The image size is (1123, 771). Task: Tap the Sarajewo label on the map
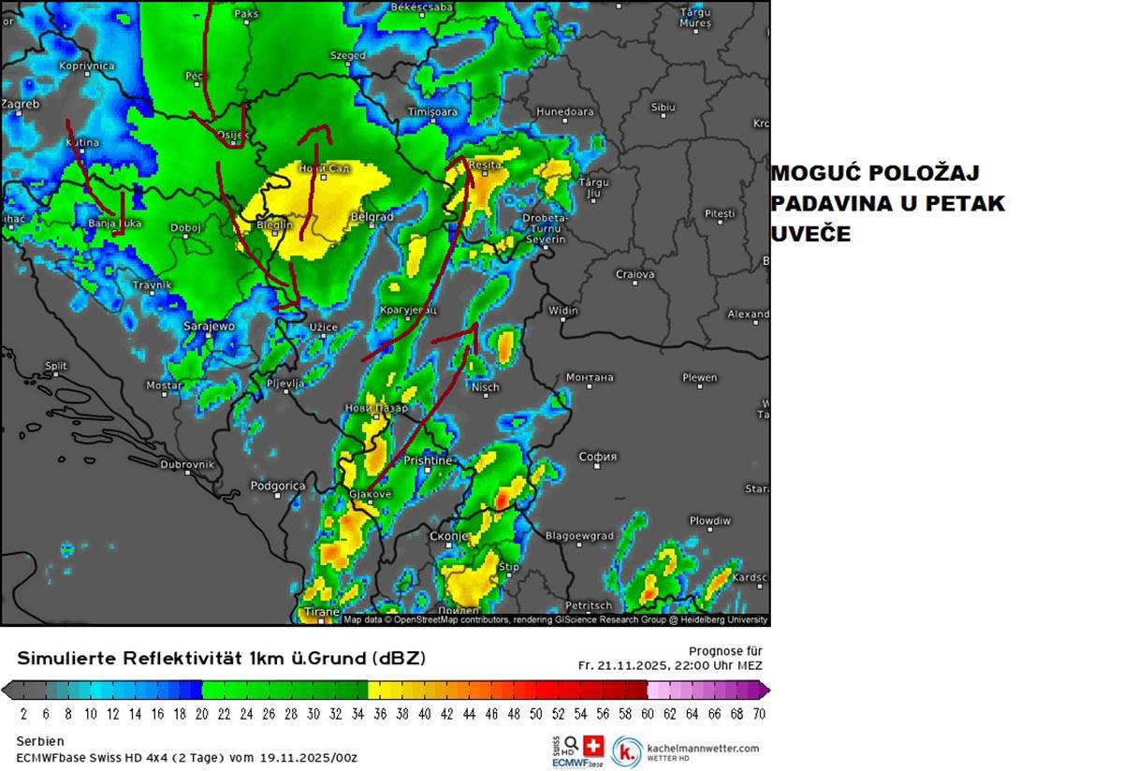pos(209,326)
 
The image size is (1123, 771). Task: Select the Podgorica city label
pos(278,486)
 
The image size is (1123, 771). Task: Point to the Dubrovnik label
pos(187,464)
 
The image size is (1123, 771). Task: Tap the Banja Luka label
pos(114,224)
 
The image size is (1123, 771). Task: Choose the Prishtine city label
pos(428,460)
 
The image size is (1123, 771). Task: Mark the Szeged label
pos(348,55)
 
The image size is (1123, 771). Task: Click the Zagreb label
pos(21,104)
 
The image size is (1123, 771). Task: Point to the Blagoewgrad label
pos(579,536)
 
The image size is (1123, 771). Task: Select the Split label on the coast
pos(56,366)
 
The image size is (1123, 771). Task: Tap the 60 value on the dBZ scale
pos(647,714)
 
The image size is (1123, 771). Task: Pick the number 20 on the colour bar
pos(202,714)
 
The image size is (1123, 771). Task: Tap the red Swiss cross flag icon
pos(592,746)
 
